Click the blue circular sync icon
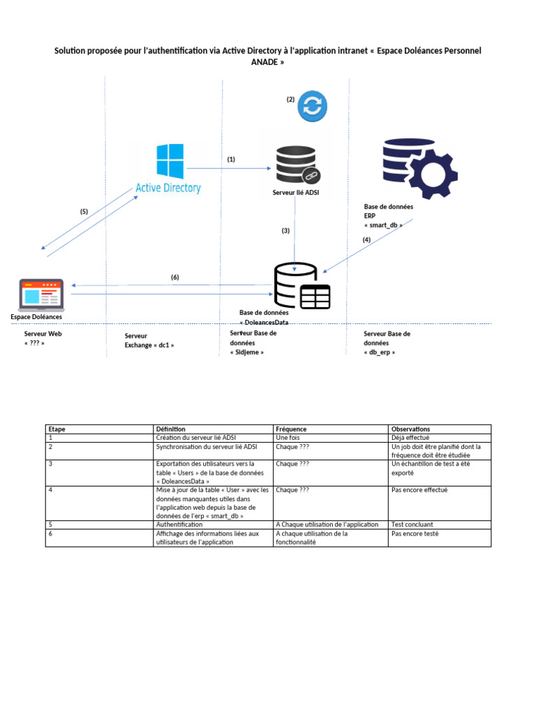[312, 107]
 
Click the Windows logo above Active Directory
[170, 161]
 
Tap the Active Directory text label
[168, 188]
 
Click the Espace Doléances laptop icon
[41, 295]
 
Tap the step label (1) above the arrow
[231, 159]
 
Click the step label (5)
[84, 211]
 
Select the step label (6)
[175, 277]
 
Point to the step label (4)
[366, 240]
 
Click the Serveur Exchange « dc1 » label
[149, 341]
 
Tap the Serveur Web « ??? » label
[43, 339]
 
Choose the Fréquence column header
[291, 429]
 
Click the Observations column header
[411, 429]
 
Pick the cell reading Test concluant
[412, 524]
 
